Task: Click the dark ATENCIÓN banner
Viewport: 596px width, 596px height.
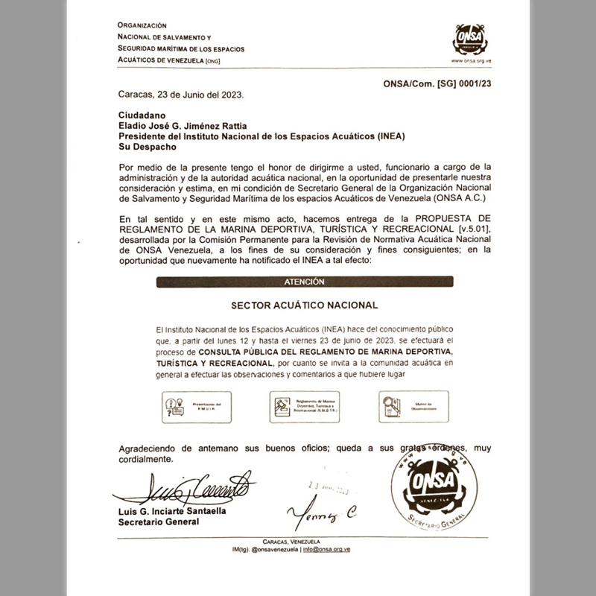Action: [305, 282]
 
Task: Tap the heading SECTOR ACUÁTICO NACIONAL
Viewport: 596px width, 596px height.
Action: [305, 305]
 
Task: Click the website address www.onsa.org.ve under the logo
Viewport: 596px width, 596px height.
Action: [471, 62]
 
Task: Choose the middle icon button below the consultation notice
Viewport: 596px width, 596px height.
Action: [304, 407]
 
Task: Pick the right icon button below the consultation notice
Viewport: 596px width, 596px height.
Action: [413, 407]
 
